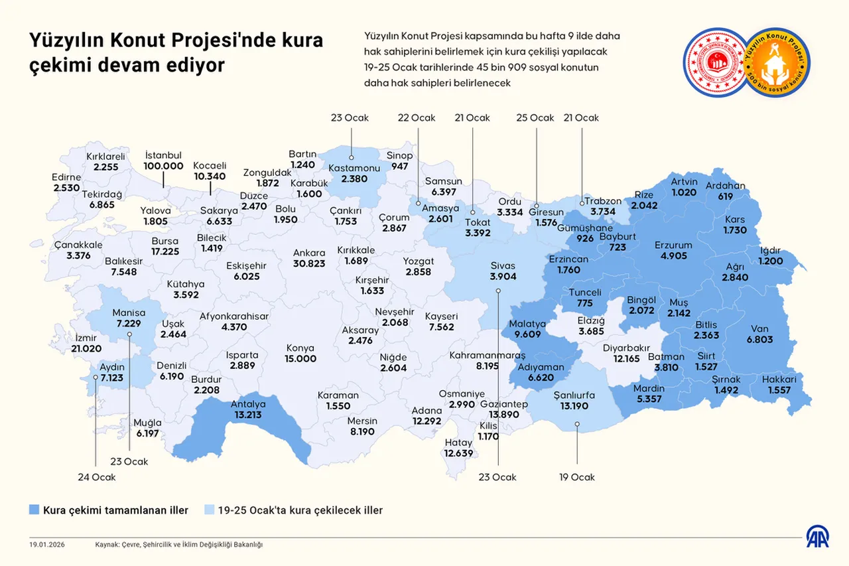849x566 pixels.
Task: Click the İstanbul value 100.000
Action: click(163, 166)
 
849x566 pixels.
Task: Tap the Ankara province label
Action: click(309, 253)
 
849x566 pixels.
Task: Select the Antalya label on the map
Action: click(247, 404)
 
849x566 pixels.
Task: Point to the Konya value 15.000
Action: click(300, 358)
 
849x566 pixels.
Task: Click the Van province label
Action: click(759, 328)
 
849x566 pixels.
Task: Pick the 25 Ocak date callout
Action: click(535, 118)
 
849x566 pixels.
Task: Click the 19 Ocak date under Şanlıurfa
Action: click(576, 477)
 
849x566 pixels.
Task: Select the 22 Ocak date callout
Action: click(417, 118)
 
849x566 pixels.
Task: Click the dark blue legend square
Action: click(34, 510)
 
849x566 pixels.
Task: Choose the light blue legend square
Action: click(209, 510)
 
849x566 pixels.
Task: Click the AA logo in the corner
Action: click(817, 537)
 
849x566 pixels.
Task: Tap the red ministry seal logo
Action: click(715, 62)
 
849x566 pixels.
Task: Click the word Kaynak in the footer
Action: click(108, 545)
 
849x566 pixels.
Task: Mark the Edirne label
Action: click(66, 178)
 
